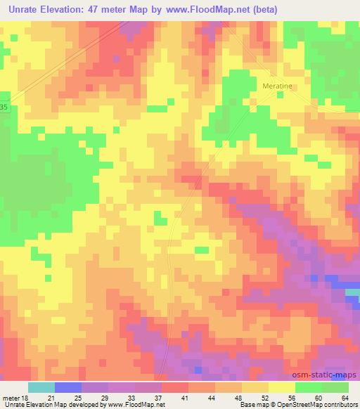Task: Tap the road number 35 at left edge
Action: pyautogui.click(x=4, y=107)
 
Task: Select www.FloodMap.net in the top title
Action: pyautogui.click(x=209, y=10)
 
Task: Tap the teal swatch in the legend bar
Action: pyautogui.click(x=41, y=387)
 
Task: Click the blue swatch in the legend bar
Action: pyautogui.click(x=67, y=387)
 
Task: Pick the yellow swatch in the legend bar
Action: pyautogui.click(x=281, y=387)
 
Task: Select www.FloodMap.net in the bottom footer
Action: pyautogui.click(x=136, y=405)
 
